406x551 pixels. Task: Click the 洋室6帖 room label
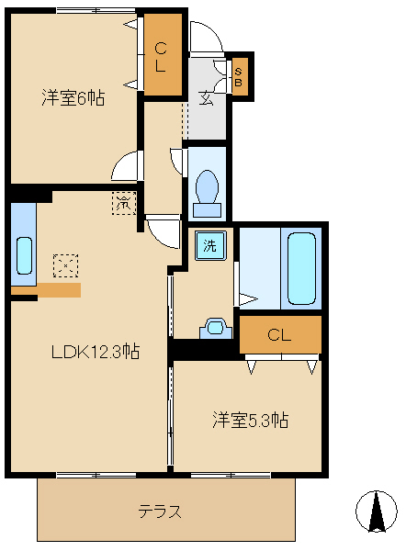click(x=72, y=98)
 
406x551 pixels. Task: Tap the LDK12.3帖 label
click(x=95, y=351)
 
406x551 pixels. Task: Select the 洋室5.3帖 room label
click(x=251, y=421)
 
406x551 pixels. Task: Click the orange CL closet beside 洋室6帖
click(x=162, y=56)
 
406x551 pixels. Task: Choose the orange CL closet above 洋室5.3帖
click(x=279, y=335)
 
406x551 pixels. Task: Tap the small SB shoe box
click(x=239, y=77)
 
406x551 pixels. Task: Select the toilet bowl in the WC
click(x=207, y=189)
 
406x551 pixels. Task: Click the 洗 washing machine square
click(x=210, y=245)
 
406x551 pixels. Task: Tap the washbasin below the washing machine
click(x=216, y=326)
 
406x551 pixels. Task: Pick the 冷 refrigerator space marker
click(x=123, y=202)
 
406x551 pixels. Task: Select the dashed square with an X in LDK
click(x=65, y=266)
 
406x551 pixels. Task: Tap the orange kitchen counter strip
click(x=46, y=289)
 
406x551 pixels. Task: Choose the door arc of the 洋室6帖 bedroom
click(x=127, y=166)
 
